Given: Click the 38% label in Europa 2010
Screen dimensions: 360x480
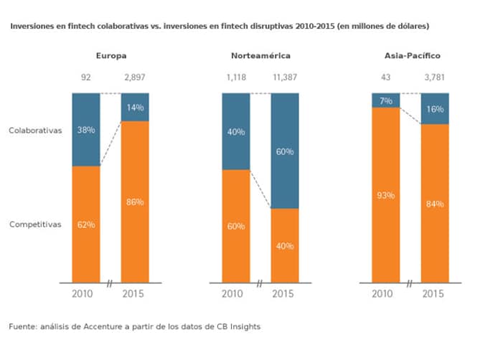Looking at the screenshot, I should point(85,131).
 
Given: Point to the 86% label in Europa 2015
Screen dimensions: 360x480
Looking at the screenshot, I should point(135,202).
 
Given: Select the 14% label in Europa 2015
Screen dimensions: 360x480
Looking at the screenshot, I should point(135,108).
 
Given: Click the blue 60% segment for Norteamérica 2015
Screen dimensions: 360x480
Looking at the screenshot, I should point(285,151).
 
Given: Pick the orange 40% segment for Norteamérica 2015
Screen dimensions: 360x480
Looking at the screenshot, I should point(285,246).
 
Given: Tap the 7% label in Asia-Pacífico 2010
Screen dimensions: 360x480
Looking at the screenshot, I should point(386,100).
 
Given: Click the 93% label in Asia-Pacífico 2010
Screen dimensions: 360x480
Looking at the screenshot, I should point(386,195).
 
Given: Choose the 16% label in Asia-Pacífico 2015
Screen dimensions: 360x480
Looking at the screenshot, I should point(434,109).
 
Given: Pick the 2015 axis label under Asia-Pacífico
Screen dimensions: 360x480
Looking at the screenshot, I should point(434,294).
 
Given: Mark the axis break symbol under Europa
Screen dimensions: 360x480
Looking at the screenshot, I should point(110,284).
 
